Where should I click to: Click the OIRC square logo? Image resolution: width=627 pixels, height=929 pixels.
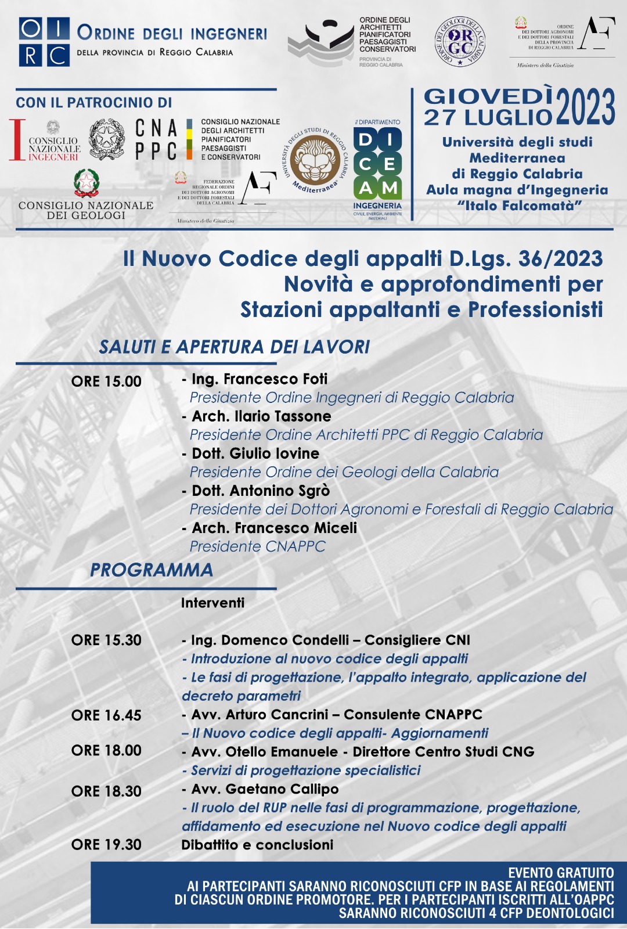[x=44, y=42]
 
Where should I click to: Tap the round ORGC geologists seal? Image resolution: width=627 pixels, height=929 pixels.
[x=460, y=42]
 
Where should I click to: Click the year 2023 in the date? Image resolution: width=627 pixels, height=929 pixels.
[x=585, y=107]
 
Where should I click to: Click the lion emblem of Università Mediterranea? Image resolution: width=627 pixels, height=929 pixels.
[x=315, y=160]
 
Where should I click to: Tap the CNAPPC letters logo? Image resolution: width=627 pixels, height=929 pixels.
[x=156, y=139]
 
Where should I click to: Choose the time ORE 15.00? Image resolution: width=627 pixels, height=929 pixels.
[x=106, y=381]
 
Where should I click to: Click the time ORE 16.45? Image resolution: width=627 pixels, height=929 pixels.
[x=106, y=715]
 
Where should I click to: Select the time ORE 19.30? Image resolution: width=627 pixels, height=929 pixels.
[x=106, y=844]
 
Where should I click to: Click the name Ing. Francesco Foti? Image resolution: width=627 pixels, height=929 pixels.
[x=260, y=379]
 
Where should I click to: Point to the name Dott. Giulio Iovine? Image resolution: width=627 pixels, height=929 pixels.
[x=255, y=453]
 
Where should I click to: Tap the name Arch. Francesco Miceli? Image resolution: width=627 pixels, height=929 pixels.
[x=274, y=528]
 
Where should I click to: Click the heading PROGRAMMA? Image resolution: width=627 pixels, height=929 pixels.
[x=152, y=570]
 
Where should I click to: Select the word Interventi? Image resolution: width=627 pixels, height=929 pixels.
[x=212, y=603]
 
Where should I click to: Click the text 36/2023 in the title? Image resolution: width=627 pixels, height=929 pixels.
[x=560, y=259]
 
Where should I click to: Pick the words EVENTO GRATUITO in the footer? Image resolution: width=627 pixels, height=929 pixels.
[x=561, y=873]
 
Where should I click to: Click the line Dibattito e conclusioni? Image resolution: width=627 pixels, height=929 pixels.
[x=257, y=845]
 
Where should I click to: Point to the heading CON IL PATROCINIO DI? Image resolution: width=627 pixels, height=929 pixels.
[x=94, y=103]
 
